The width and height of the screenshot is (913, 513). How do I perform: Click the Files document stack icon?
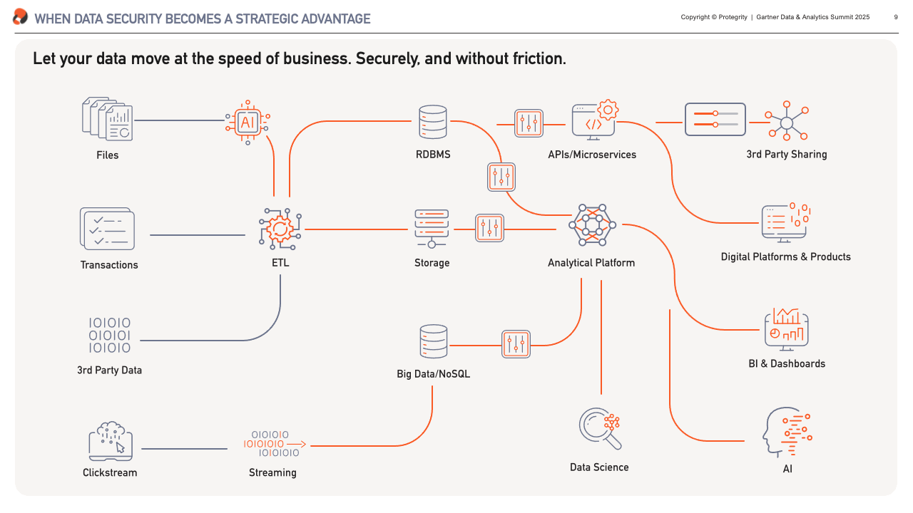(x=108, y=119)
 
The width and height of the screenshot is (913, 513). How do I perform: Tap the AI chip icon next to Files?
(x=248, y=122)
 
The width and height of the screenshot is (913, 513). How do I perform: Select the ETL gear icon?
(x=280, y=229)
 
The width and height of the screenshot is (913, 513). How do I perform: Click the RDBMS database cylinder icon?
(x=433, y=122)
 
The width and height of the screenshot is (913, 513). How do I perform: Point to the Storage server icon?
(x=432, y=229)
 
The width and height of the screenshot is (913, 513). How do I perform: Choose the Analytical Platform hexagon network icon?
(x=592, y=225)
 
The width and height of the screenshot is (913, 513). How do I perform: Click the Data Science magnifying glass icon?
(x=600, y=429)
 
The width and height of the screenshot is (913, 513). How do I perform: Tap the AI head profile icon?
(x=787, y=432)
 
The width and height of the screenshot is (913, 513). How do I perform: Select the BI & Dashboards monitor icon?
(x=787, y=329)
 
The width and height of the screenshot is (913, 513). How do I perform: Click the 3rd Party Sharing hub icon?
(x=787, y=121)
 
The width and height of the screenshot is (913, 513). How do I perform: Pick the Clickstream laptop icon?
(x=111, y=441)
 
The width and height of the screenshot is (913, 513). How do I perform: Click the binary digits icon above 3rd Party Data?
(x=110, y=335)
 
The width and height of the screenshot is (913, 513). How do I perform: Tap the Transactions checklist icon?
(x=107, y=229)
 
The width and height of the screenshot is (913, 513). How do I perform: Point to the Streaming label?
(x=272, y=472)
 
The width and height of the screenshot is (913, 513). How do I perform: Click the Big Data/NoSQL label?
(x=433, y=374)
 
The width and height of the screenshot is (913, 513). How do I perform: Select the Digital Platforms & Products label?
(x=786, y=257)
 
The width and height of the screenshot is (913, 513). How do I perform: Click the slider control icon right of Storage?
(x=489, y=228)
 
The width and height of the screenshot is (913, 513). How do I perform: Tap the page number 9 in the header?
(x=896, y=17)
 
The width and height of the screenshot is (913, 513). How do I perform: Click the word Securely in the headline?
(x=387, y=59)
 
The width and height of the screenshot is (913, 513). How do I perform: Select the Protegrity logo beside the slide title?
(x=21, y=16)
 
